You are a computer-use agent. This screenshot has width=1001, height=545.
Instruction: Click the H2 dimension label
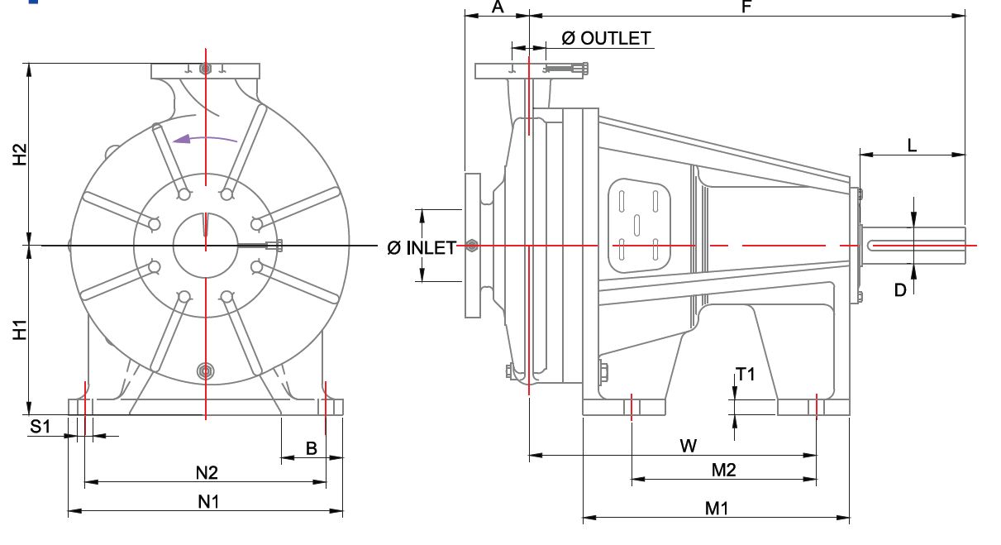coord(20,155)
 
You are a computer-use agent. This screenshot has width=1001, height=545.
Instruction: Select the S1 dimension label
coord(41,427)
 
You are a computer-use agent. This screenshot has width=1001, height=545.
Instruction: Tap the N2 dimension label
coord(207,473)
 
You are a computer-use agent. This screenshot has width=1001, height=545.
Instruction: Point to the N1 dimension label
coord(208,502)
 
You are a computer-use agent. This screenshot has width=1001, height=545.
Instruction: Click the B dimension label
coord(312,448)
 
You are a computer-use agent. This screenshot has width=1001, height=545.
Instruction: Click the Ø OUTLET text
coord(606,38)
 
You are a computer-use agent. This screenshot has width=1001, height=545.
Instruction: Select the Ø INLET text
coord(422,248)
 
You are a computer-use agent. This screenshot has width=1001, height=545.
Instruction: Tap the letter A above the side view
coord(498,7)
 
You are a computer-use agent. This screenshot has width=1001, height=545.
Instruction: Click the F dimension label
coord(746,7)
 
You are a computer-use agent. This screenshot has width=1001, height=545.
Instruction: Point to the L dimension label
coord(912,146)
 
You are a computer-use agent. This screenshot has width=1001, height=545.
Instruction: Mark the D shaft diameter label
coord(900,289)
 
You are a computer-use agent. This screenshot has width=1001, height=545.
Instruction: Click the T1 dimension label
coord(746,375)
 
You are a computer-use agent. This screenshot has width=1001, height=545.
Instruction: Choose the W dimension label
coord(689,447)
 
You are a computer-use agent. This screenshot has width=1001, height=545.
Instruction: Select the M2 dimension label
coord(723,471)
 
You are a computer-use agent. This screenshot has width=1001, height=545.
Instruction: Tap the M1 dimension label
coord(716,509)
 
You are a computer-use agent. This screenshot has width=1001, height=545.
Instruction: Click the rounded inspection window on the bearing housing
coord(639,226)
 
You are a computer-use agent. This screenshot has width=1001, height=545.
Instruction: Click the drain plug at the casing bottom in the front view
coord(205,371)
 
